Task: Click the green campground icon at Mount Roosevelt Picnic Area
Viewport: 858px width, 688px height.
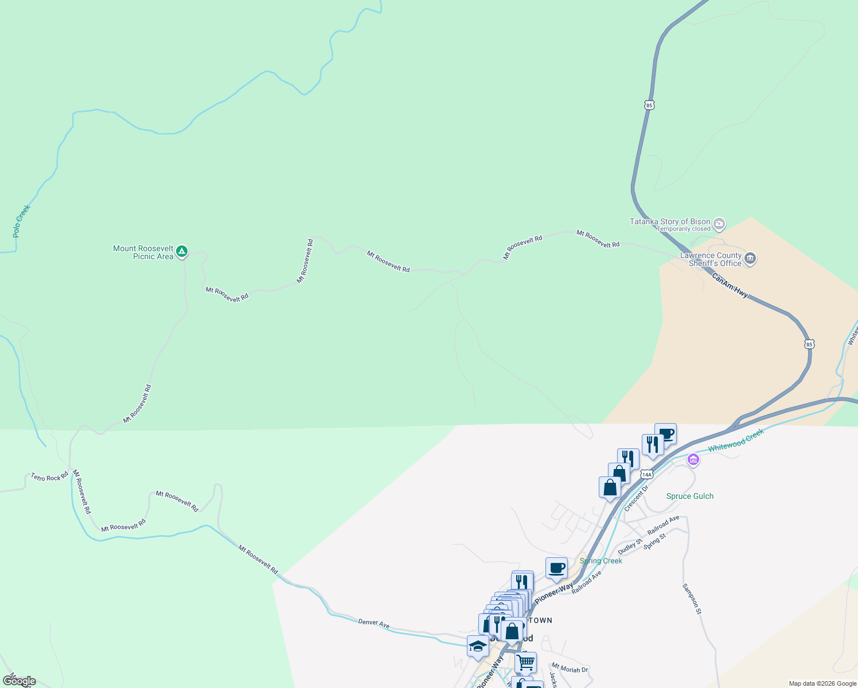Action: coord(182,251)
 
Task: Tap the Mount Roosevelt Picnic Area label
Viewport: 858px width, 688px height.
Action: coord(143,252)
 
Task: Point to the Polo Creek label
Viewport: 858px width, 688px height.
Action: coord(21,221)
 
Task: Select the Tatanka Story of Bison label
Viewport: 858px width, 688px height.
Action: coord(670,221)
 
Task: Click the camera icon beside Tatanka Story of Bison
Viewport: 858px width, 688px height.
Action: coord(719,224)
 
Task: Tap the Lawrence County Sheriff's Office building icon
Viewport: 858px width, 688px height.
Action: coord(750,259)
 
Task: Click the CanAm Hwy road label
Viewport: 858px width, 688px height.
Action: coord(730,285)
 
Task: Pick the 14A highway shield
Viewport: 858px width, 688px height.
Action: coord(647,474)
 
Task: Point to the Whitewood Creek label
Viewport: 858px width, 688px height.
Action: coord(736,440)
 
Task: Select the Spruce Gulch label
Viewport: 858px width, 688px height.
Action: coord(690,496)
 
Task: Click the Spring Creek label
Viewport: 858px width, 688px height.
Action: coord(601,561)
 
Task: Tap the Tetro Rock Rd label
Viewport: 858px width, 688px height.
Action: coord(49,476)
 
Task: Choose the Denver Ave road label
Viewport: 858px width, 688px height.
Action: coord(374,623)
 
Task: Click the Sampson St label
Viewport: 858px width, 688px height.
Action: coord(692,599)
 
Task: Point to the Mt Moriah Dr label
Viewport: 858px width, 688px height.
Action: coord(570,669)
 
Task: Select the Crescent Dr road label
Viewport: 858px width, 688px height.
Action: coord(636,498)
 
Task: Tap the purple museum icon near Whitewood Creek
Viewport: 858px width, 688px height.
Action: coord(693,459)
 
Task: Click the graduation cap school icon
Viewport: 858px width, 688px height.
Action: coord(478,646)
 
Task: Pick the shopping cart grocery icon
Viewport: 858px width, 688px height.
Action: coord(525,662)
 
